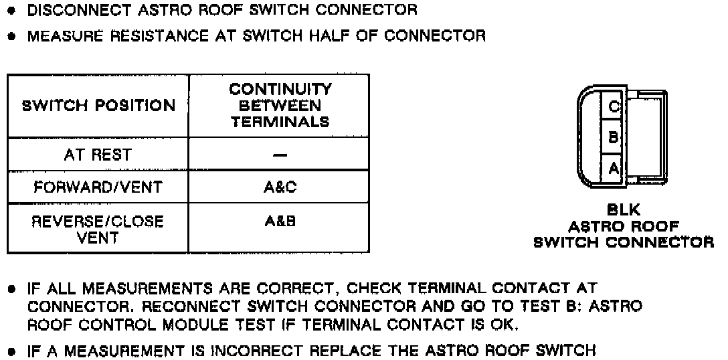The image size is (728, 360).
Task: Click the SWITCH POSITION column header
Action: click(98, 106)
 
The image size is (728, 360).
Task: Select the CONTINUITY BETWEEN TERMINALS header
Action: click(280, 106)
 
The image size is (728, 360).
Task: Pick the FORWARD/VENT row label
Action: click(98, 187)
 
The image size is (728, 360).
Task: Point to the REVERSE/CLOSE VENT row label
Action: click(98, 230)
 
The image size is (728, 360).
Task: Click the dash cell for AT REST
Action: click(280, 155)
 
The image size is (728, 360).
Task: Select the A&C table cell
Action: click(280, 187)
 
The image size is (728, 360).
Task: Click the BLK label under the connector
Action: click(623, 211)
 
